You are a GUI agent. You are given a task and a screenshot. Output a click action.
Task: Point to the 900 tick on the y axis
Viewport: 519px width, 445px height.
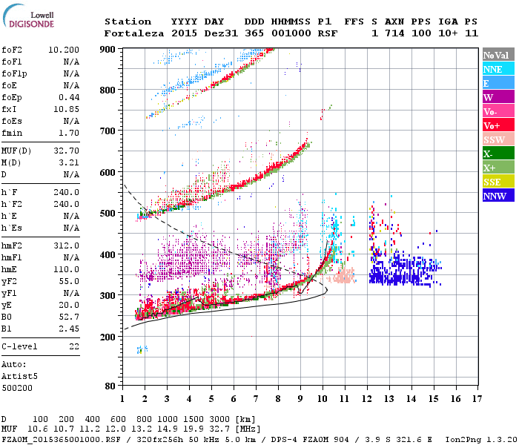pyautogui.click(x=109, y=49)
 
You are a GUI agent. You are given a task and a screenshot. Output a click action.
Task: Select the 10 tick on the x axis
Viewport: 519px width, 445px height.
pyautogui.click(x=322, y=399)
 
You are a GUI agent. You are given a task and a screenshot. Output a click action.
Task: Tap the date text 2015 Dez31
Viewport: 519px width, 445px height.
pyautogui.click(x=197, y=33)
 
